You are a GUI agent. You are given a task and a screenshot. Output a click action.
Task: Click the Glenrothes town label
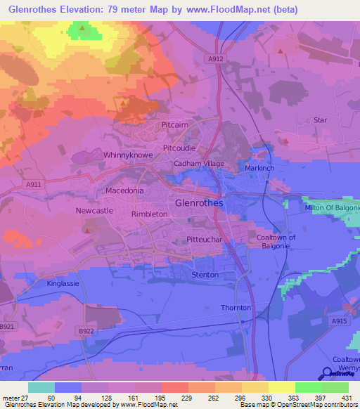click(198, 202)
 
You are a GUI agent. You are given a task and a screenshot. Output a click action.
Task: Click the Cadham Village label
click(199, 164)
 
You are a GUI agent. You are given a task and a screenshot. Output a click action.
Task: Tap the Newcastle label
click(94, 210)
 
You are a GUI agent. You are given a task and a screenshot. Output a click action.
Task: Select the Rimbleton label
click(149, 214)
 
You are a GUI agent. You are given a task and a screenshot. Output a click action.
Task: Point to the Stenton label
click(205, 274)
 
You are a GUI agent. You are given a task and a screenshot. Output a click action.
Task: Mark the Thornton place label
click(236, 308)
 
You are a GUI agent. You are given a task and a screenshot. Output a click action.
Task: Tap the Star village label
click(320, 120)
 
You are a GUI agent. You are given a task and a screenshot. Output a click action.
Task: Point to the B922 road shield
click(86, 330)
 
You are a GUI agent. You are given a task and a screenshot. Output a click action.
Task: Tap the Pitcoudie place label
click(179, 148)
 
